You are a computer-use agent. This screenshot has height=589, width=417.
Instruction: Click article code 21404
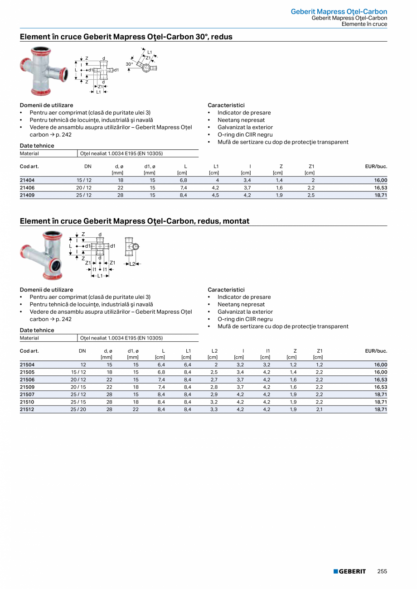[27, 180]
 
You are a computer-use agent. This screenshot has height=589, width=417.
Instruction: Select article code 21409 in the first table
[27, 195]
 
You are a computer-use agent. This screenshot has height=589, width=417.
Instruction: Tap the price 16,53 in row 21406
[381, 187]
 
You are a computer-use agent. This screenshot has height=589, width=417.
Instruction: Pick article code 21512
[27, 409]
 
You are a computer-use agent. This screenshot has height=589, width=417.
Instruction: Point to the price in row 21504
[381, 365]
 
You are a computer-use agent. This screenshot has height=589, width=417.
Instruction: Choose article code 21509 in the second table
[27, 387]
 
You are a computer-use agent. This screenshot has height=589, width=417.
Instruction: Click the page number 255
[382, 571]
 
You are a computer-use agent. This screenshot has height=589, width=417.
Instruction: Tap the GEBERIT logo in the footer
[349, 571]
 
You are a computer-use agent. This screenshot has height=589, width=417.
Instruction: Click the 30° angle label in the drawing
[129, 64]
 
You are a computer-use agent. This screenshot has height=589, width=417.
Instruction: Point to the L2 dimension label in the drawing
[132, 264]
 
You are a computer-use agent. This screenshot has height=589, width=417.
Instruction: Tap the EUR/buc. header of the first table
[376, 166]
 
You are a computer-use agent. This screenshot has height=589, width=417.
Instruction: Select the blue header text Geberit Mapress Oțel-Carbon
[339, 11]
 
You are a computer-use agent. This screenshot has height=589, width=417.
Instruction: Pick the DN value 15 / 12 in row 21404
[84, 180]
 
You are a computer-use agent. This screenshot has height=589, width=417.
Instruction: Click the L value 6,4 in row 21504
[161, 365]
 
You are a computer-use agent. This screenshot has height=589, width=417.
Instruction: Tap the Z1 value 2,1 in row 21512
[319, 409]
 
